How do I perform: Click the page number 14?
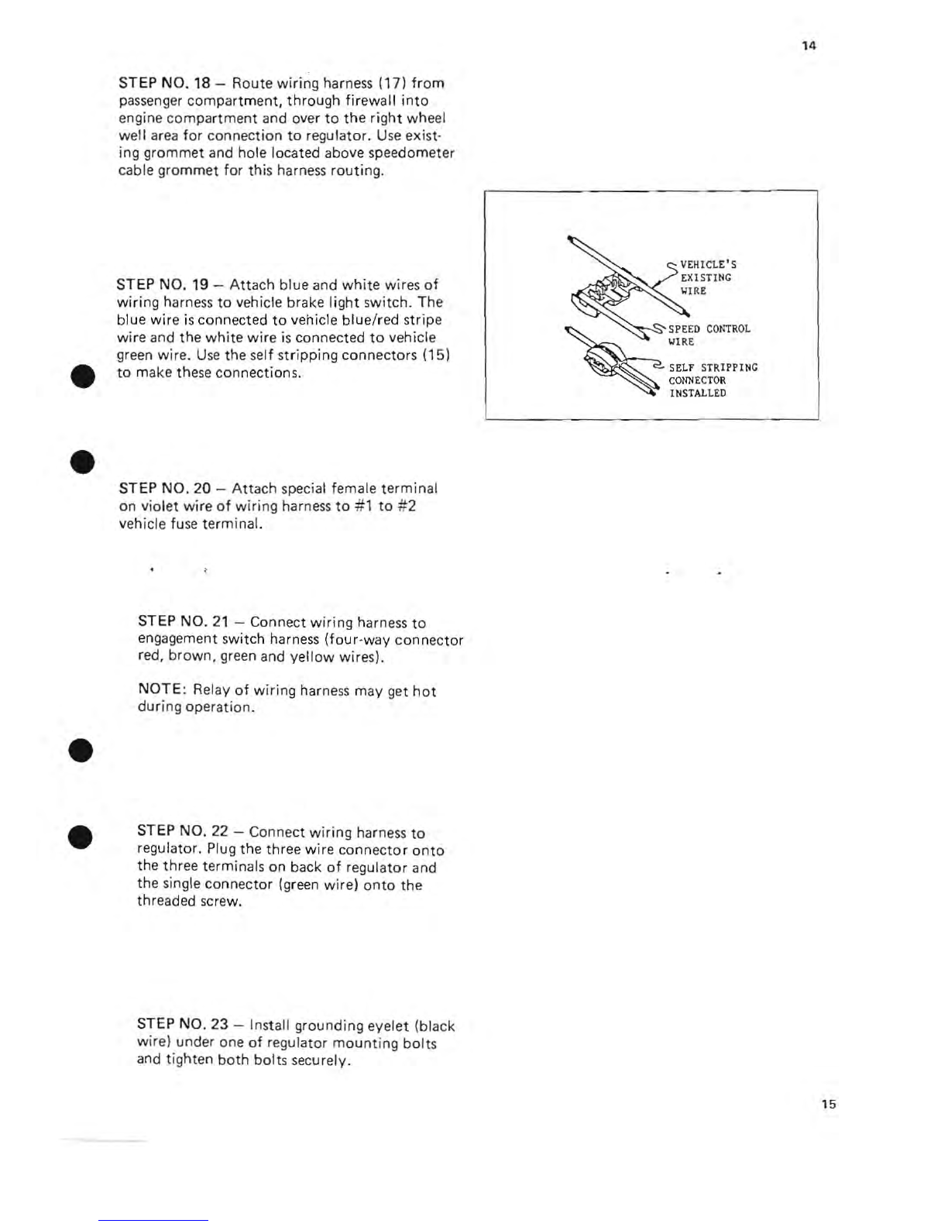click(x=809, y=46)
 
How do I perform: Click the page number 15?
click(x=829, y=1104)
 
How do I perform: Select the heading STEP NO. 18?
click(x=164, y=83)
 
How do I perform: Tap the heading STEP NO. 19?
click(x=162, y=284)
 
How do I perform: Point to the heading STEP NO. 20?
click(x=164, y=488)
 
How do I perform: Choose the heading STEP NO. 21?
click(x=184, y=621)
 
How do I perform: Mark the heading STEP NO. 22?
click(x=183, y=831)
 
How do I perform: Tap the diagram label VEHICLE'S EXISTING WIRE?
click(x=708, y=277)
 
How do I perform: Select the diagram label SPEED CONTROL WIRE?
click(x=709, y=335)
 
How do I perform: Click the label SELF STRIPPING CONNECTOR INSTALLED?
click(x=713, y=380)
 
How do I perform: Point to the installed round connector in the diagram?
click(x=603, y=359)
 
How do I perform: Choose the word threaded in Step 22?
click(x=159, y=901)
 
